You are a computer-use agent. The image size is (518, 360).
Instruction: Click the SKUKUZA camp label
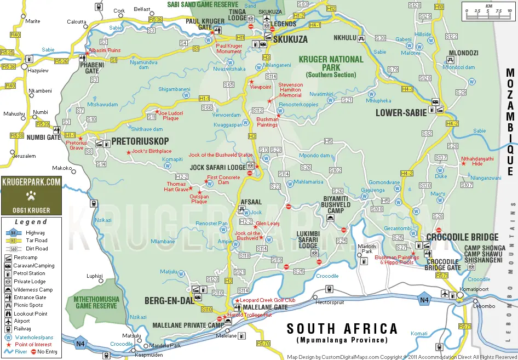[290, 39]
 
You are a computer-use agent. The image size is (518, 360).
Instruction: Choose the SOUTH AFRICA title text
[342, 329]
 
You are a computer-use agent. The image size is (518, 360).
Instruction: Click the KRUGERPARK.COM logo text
[31, 182]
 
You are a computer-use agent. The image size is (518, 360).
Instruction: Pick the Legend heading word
[31, 222]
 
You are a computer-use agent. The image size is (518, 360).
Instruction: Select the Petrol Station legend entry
[30, 273]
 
